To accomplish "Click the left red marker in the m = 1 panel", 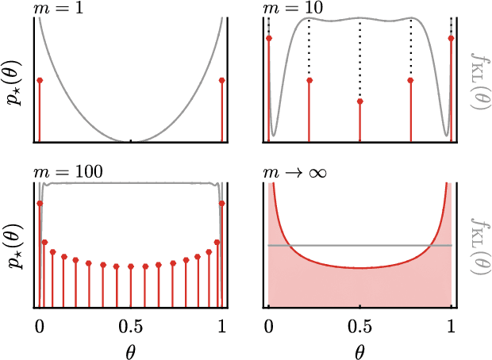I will point(40,81).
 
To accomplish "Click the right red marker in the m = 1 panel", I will point(221,81).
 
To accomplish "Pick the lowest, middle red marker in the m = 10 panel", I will point(360,101).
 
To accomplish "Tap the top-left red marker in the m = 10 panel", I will point(269,38).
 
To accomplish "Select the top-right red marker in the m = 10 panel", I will point(451,38).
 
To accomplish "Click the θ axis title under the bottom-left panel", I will point(131,348).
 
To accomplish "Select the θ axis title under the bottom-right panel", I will point(360,348).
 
